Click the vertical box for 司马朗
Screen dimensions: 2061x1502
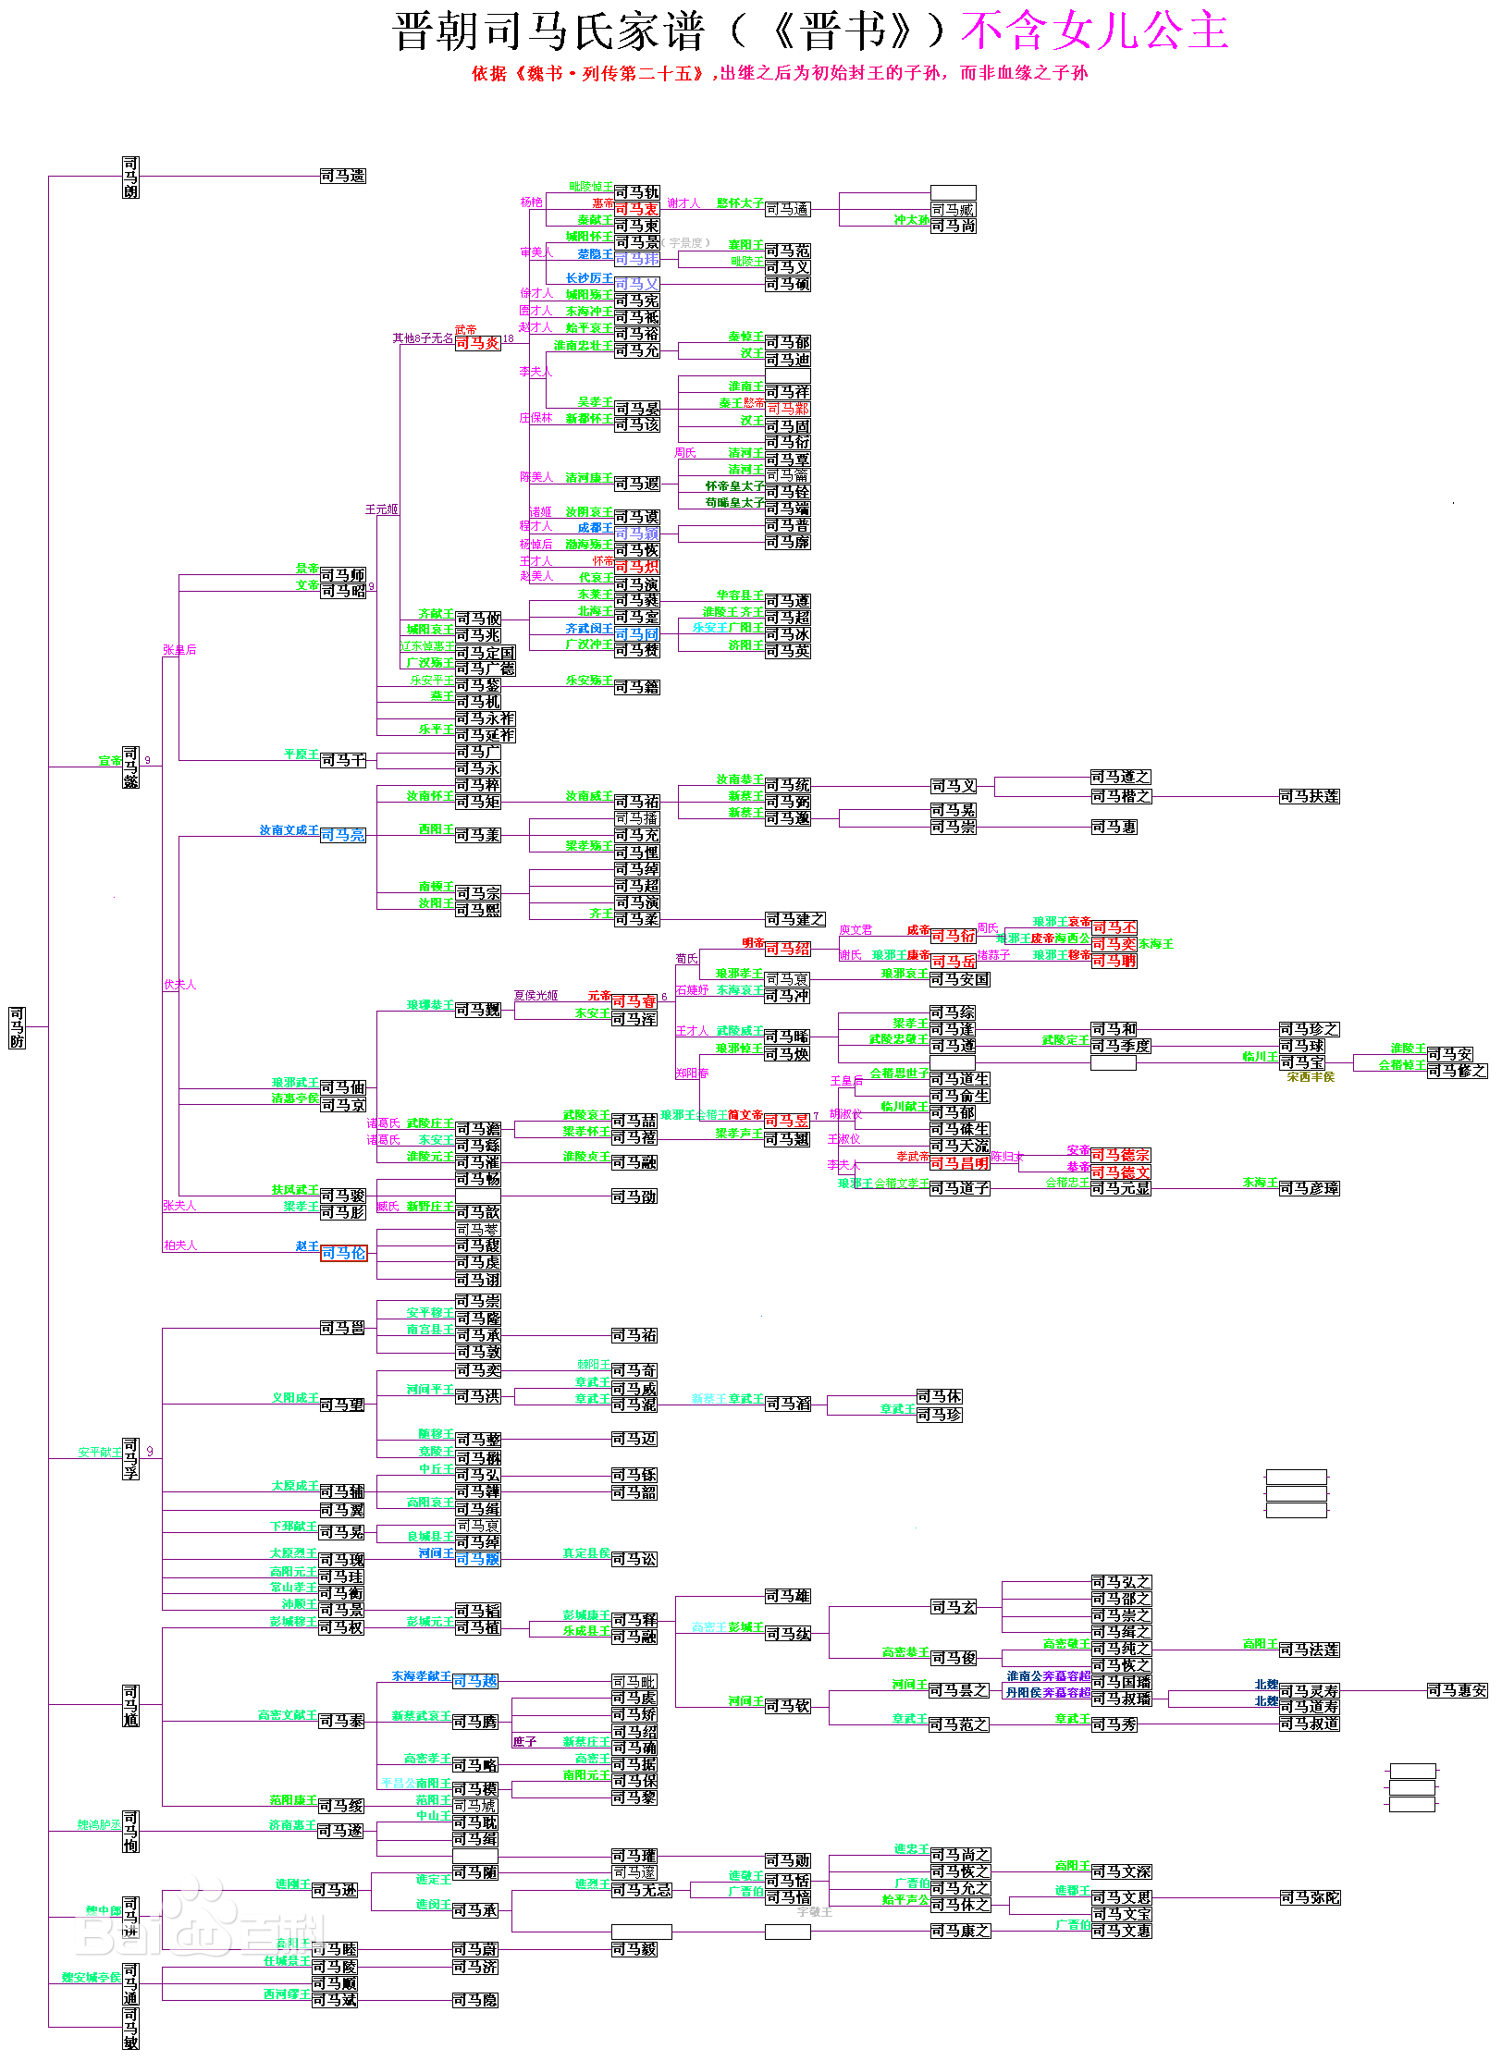tap(130, 177)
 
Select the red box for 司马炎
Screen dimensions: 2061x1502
tap(477, 343)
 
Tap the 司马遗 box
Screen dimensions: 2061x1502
tap(343, 176)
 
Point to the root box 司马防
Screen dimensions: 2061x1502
tap(17, 1027)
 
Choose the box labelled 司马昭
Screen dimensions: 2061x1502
tap(343, 591)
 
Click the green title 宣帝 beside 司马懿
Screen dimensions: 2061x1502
tap(110, 761)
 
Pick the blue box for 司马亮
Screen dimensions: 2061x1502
tap(343, 835)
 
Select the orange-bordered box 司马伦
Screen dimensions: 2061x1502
tap(343, 1253)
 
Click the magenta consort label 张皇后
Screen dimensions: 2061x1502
tap(179, 650)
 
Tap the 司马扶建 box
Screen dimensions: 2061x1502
tap(1309, 796)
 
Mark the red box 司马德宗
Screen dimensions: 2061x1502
tap(1120, 1155)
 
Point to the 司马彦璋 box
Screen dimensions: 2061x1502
tap(1309, 1188)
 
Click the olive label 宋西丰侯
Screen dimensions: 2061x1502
tap(1311, 1077)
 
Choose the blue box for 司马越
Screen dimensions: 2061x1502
tap(475, 1681)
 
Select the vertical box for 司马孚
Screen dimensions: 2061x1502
tap(130, 1458)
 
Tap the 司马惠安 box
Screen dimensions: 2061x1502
tap(1457, 1690)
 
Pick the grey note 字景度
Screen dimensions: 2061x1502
tap(687, 243)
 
